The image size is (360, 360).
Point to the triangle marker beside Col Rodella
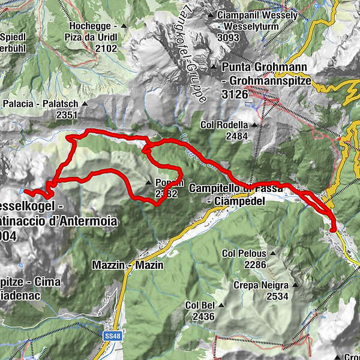pyautogui.click(x=254, y=125)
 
